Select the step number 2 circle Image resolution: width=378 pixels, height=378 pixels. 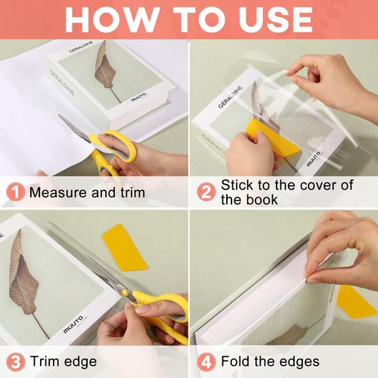[x=206, y=192]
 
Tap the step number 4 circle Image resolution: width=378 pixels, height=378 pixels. [x=206, y=361]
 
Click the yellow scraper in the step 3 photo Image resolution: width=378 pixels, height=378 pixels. [x=124, y=246]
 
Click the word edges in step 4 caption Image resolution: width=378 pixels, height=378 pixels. [x=294, y=361]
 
